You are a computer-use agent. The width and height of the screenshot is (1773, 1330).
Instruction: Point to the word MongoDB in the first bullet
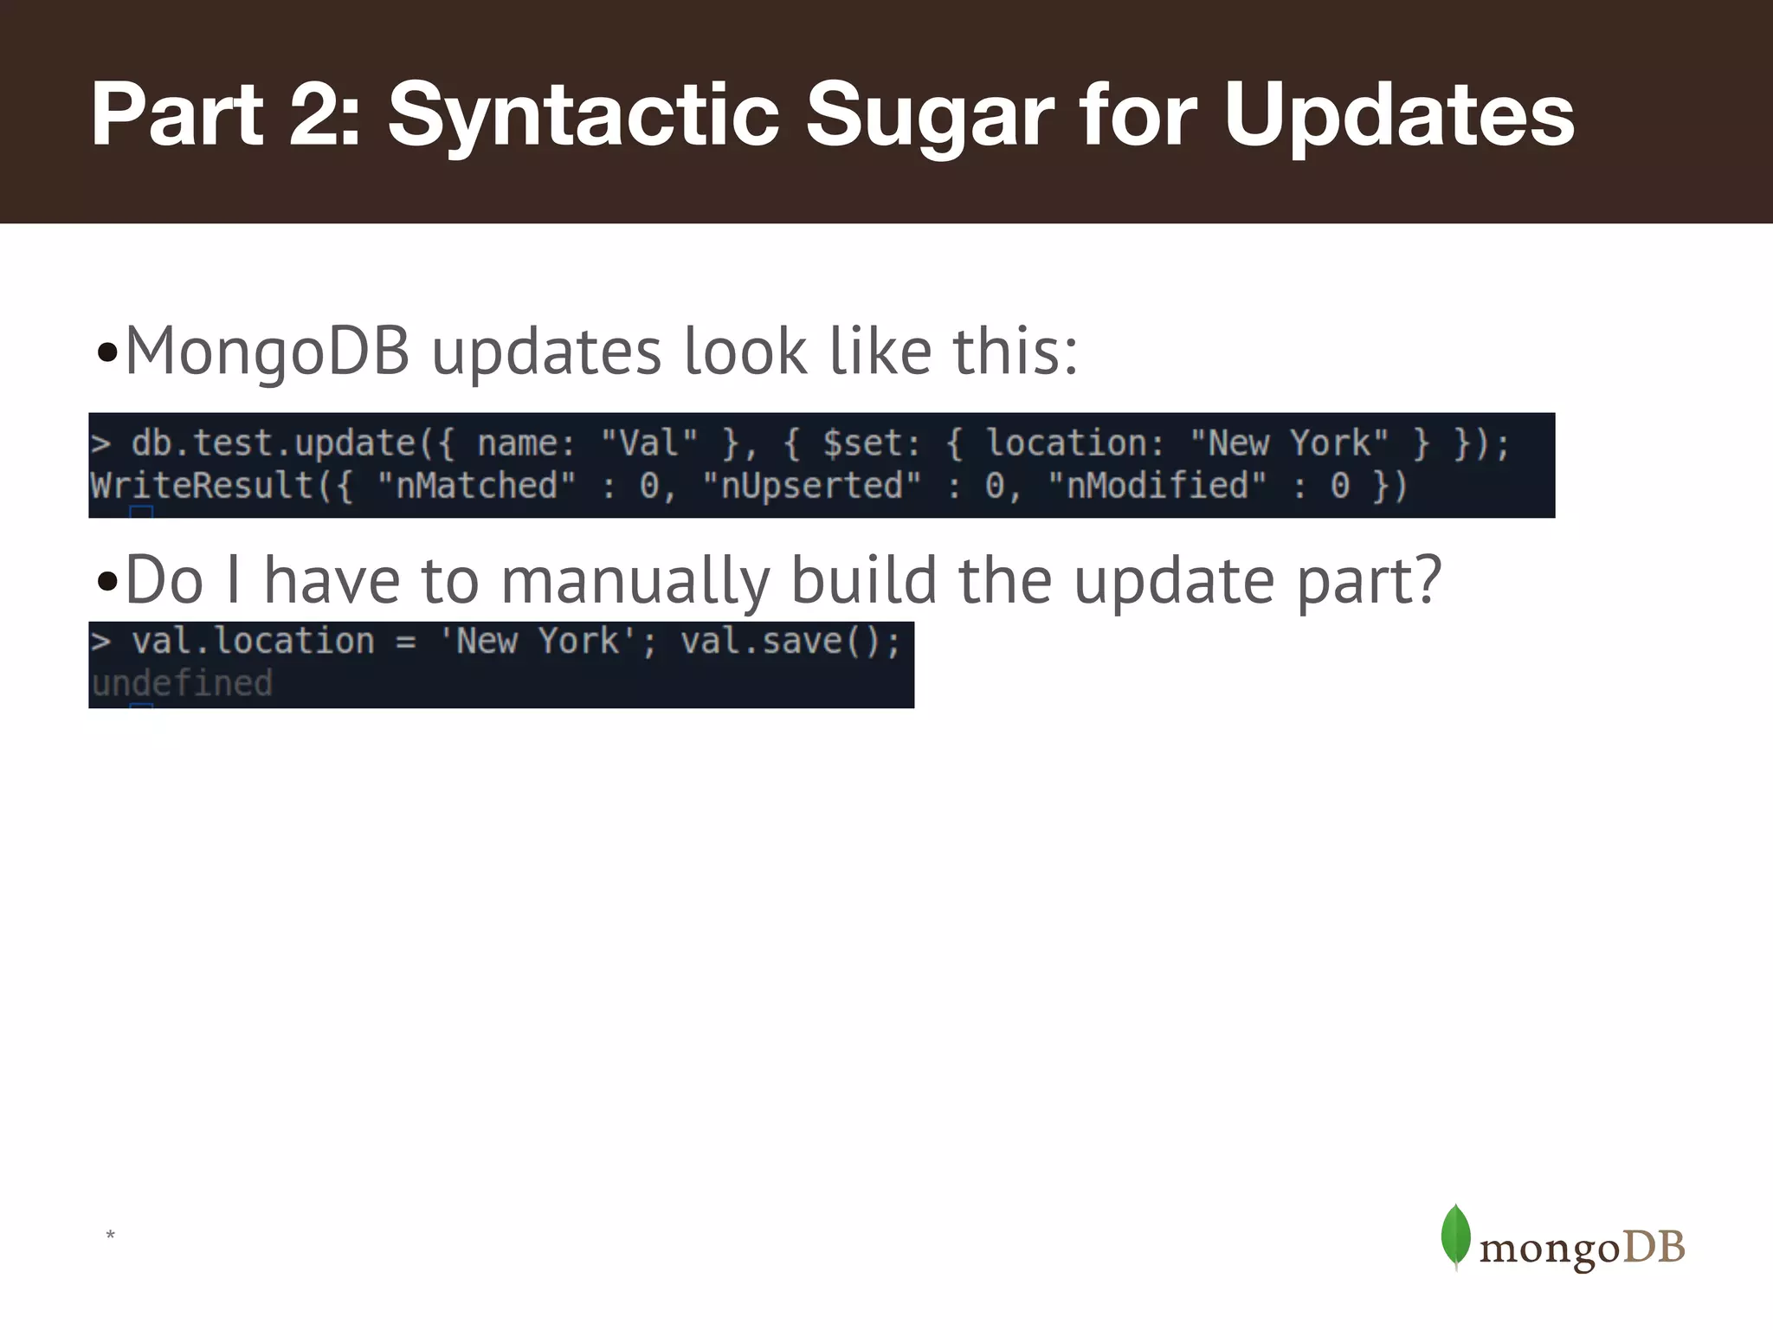(268, 352)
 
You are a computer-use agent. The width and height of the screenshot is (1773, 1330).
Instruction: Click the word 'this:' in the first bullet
(1015, 352)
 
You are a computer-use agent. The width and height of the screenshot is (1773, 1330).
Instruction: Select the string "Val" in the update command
(649, 443)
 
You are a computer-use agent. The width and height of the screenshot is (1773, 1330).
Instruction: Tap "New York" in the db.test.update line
(1289, 443)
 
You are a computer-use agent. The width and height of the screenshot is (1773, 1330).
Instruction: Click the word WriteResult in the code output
(201, 486)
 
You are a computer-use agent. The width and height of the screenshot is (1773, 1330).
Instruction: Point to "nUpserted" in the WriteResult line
(811, 486)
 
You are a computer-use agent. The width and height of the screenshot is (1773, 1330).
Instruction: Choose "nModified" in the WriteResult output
(1157, 486)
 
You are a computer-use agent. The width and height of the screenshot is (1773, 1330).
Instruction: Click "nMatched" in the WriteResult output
(476, 486)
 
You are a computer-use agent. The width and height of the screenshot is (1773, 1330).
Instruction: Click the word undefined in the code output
(182, 684)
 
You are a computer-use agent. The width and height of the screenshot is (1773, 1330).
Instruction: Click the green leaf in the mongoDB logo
(1455, 1236)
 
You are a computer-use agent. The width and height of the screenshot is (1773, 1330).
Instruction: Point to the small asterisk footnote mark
(110, 1235)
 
